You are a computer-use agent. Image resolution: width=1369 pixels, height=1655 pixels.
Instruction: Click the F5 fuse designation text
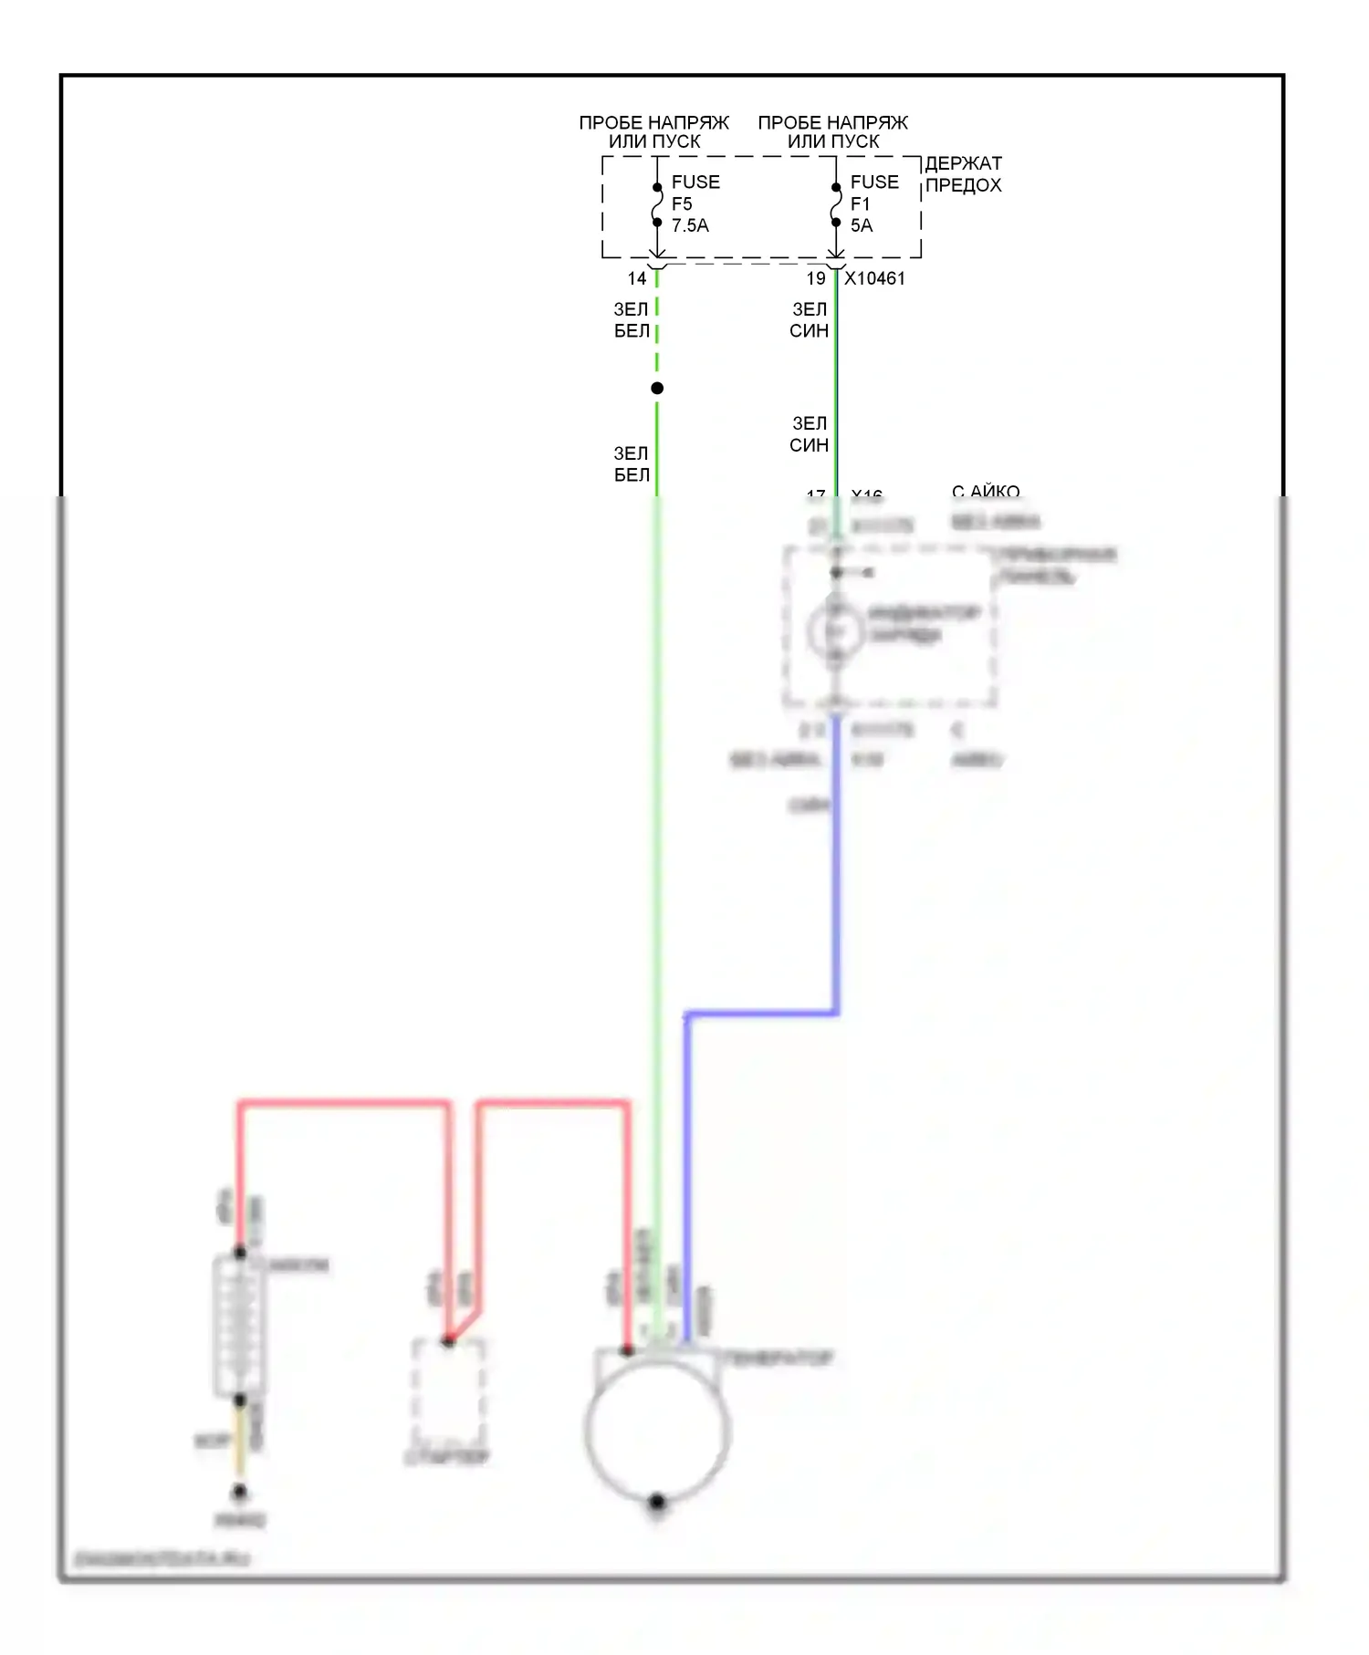[682, 203]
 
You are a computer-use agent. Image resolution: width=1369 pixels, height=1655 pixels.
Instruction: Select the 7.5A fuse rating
[690, 225]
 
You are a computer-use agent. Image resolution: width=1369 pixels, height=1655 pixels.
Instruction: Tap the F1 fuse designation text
[860, 203]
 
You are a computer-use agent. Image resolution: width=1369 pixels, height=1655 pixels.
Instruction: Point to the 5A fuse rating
[862, 225]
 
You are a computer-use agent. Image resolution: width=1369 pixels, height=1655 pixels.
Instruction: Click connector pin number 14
[637, 278]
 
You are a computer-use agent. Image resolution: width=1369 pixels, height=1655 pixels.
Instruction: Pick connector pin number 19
[816, 278]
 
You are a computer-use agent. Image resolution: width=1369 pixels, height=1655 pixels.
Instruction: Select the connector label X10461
[874, 278]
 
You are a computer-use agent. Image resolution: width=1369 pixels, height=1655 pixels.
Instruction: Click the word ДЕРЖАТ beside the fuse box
[963, 164]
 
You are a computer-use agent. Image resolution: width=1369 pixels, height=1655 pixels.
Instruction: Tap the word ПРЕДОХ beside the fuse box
[963, 185]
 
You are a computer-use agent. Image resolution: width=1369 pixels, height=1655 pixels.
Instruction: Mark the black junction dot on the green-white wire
[657, 389]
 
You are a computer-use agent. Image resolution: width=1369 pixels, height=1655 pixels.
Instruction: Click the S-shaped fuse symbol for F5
[657, 205]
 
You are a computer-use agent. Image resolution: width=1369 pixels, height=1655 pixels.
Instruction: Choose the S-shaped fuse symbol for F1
[836, 205]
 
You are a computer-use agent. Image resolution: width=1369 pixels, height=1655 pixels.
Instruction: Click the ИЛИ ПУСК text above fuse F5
[654, 142]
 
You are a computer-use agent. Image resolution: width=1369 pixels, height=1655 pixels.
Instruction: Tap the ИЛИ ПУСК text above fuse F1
[833, 142]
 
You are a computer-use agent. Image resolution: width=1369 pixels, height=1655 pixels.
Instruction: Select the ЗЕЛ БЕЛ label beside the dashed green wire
[632, 320]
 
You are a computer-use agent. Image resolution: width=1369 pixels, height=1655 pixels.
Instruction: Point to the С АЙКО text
[986, 492]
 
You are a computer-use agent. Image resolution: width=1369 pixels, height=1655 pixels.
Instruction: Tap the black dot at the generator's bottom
[657, 1502]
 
